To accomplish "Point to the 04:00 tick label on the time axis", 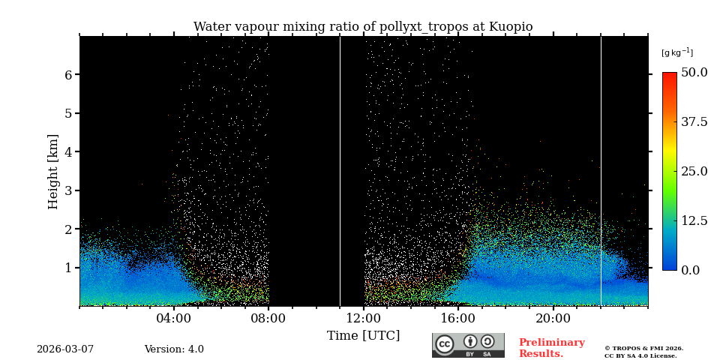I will pos(174,318).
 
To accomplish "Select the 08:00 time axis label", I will pos(268,318).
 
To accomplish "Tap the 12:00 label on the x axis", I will pos(364,318).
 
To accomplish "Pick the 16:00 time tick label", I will pos(458,318).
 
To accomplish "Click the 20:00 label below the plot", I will pos(553,318).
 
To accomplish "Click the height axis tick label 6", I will pos(68,75).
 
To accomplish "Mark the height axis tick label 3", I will pos(68,190).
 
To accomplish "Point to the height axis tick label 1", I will pos(68,268).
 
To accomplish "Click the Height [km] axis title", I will pos(53,171).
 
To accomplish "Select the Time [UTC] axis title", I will pos(363,336).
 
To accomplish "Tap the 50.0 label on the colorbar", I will pos(694,73).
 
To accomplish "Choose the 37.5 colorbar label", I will pos(694,121).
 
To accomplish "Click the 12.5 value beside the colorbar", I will pos(694,220).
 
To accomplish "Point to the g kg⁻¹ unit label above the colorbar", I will pos(676,52).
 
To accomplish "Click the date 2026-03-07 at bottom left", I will pos(65,349).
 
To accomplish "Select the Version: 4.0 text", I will pos(174,349).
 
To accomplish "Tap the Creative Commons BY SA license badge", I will pos(468,345).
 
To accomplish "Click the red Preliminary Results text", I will pos(551,348).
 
